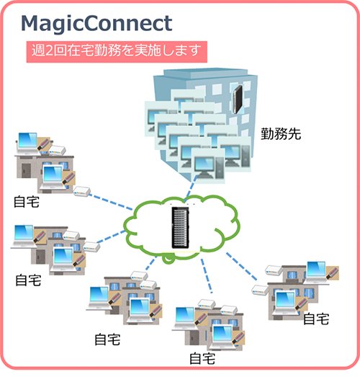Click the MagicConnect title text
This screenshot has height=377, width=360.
tap(96, 23)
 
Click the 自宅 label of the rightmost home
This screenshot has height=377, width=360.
tap(316, 318)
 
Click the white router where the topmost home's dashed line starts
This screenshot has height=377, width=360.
tap(81, 191)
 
